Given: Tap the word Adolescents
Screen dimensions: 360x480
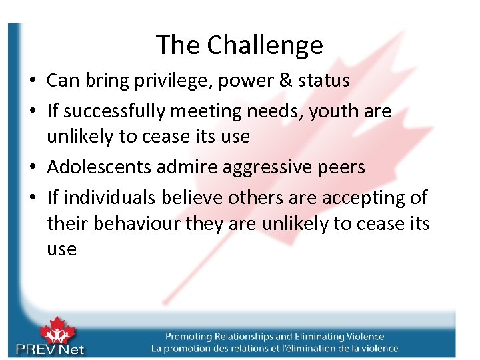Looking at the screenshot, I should [x=99, y=166].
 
